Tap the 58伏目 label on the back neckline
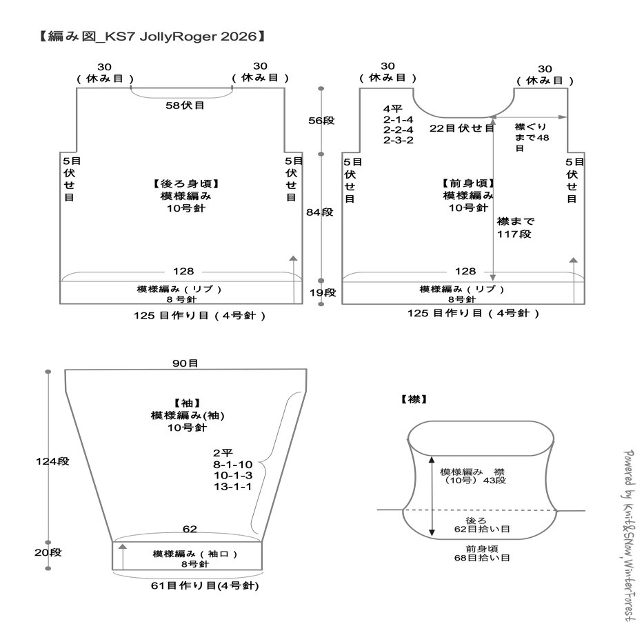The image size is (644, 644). pos(185,105)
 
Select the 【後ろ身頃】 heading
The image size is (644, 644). pos(185,183)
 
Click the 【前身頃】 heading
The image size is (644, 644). pos(467,183)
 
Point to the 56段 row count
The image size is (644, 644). pos(321,121)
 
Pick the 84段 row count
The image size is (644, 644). pos(319,212)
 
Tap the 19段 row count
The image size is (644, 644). pos(323,292)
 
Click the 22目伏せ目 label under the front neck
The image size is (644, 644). pos(462,128)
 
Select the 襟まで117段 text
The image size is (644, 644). pos(515,228)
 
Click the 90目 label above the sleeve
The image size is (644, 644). pos(185,363)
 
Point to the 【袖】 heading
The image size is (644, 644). pos(187,403)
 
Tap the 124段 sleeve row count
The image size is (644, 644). pos(52,461)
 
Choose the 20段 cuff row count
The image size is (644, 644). pos(48,552)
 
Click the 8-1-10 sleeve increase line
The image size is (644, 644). pos(233,465)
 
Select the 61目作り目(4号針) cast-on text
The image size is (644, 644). pos(205,585)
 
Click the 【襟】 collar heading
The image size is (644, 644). pos(414,399)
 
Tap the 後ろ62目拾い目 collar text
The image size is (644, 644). pos(482,525)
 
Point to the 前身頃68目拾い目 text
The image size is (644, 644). pos(482,553)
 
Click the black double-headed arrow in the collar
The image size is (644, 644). pos(432,496)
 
